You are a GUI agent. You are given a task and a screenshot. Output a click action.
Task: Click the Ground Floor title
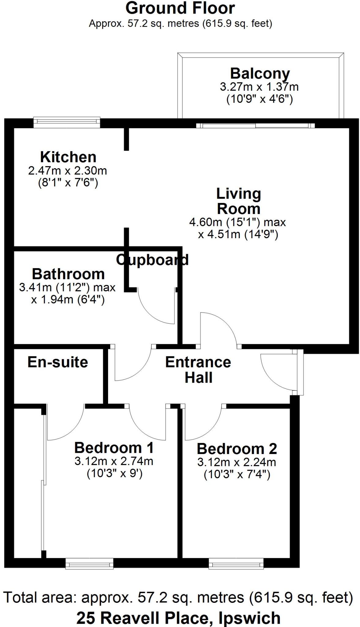pos(180,8)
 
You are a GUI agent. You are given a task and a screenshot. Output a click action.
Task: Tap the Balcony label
pos(260,73)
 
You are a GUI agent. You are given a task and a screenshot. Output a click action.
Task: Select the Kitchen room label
pos(68,157)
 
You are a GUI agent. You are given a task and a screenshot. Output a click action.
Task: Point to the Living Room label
pos(238,201)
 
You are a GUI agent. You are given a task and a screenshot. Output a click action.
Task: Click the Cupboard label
pos(152,260)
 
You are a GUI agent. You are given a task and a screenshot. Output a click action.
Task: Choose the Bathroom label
pos(68,274)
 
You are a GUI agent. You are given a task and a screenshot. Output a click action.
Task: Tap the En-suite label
pos(58,362)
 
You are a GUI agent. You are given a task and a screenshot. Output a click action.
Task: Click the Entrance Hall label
pos(198,370)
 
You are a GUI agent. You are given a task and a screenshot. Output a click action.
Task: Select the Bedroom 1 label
pos(114,448)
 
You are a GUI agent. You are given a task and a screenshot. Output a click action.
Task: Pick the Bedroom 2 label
pos(237,449)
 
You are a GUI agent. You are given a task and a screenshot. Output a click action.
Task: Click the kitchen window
pos(67,122)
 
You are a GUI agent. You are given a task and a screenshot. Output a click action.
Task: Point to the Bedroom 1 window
pos(89,563)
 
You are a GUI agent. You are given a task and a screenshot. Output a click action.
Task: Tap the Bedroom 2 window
pos(236,563)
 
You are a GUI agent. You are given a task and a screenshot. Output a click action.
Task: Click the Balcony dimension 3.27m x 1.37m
pos(259,87)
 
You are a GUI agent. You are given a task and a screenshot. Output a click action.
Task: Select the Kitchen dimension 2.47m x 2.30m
pos(68,171)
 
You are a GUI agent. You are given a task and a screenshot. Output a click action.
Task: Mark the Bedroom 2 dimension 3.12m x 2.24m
pos(237,462)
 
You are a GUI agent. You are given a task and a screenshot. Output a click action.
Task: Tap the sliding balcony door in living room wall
pos(255,125)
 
